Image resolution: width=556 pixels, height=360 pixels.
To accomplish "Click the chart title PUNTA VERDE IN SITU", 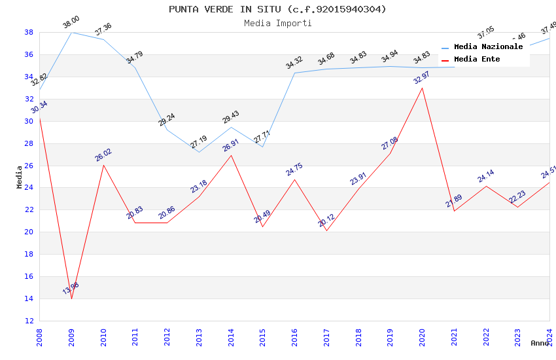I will click(277, 9).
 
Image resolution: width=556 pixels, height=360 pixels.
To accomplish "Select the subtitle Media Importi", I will click(277, 23).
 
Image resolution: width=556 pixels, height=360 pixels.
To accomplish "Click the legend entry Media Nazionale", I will click(488, 47).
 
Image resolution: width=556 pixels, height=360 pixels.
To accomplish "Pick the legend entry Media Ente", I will click(477, 60).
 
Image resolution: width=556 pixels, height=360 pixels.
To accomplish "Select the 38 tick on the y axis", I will click(29, 32).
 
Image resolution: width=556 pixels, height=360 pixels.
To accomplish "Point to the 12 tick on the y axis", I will click(29, 321).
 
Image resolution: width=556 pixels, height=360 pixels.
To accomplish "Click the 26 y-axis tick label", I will click(29, 166).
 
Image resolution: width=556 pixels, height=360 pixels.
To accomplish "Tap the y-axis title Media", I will click(20, 177).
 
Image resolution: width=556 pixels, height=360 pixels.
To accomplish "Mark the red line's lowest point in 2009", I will click(71, 298).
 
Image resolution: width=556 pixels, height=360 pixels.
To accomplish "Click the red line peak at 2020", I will click(422, 88).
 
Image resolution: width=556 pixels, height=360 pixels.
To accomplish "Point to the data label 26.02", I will click(103, 154).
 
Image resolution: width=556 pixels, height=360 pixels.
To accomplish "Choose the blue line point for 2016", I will click(294, 73).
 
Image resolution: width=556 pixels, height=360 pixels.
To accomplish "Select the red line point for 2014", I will click(231, 155).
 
